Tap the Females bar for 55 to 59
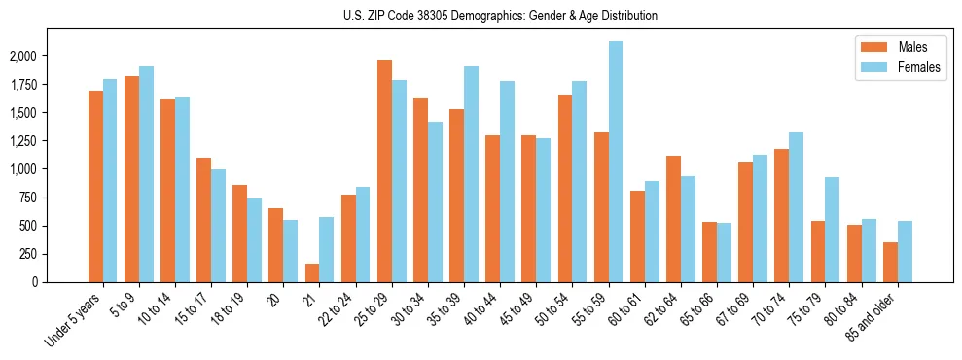[616, 162]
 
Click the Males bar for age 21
[311, 272]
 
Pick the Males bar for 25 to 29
[384, 171]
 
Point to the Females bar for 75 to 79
[833, 230]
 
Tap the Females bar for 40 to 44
[507, 181]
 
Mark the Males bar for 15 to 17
[203, 220]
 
